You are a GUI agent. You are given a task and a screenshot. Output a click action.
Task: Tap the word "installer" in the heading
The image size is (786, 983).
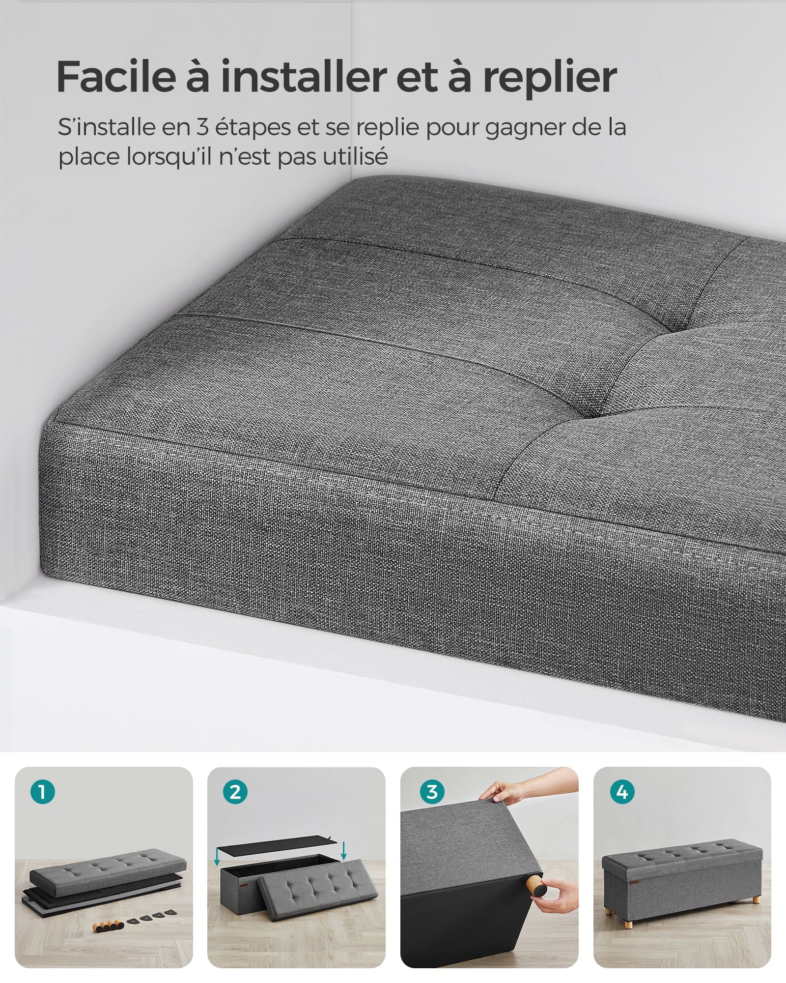point(303,77)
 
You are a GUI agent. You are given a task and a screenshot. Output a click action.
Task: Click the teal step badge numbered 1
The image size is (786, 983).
point(42,792)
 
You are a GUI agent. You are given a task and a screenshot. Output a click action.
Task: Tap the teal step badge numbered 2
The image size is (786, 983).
point(235,792)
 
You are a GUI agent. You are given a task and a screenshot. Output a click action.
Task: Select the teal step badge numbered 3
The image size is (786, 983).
point(432,792)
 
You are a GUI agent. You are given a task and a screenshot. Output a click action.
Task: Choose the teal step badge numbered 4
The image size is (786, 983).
point(622,792)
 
